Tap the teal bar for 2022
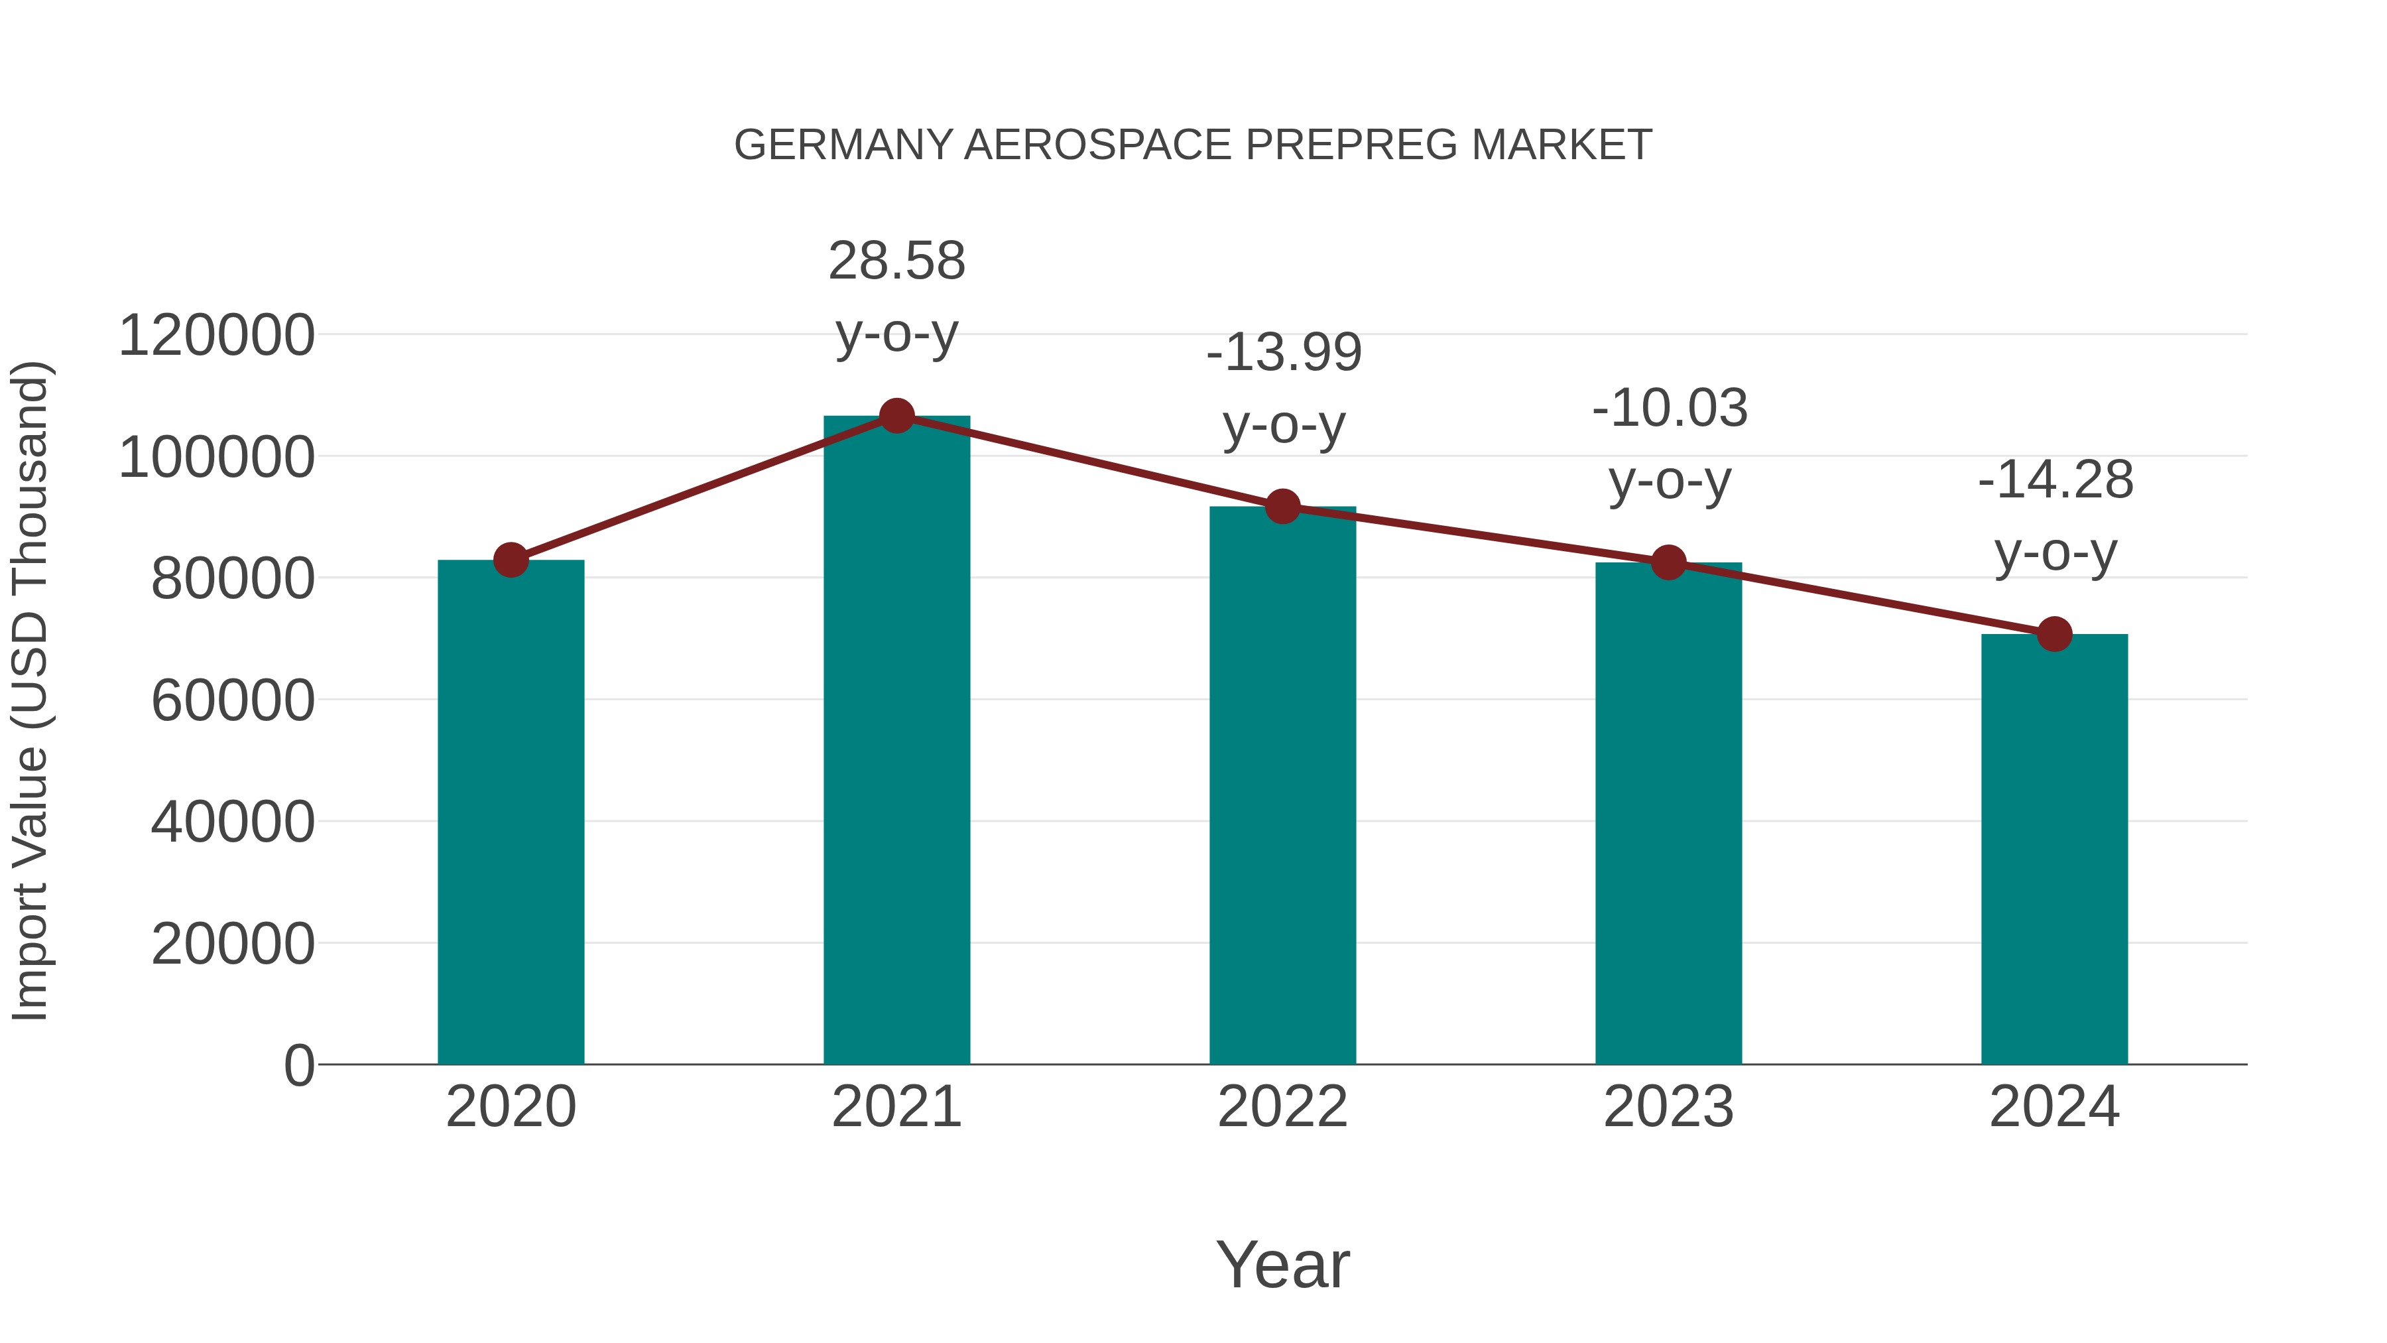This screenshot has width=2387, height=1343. click(x=1282, y=788)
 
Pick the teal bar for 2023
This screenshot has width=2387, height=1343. click(x=1668, y=816)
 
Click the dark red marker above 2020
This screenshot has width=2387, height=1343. click(x=511, y=560)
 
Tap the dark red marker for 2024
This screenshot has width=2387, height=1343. click(x=2054, y=634)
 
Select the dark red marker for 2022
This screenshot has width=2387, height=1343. click(x=1282, y=507)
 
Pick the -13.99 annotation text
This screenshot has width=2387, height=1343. click(x=1284, y=352)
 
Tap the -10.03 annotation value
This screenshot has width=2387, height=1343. click(x=1670, y=408)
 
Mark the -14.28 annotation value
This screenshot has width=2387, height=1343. click(x=2055, y=480)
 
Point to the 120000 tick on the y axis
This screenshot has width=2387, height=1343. click(x=217, y=336)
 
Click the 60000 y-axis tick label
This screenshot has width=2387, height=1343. click(x=233, y=701)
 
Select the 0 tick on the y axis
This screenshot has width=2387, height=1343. click(x=298, y=1066)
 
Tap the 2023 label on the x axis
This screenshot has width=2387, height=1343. click(x=1668, y=1107)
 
